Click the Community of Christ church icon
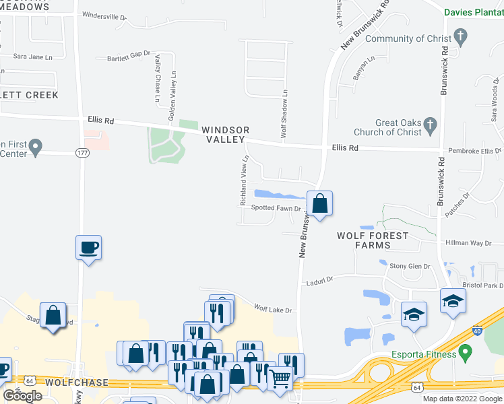(x=460, y=35)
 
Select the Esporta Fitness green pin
(x=464, y=353)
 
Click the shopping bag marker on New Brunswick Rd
(x=320, y=203)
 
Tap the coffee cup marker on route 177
(x=88, y=247)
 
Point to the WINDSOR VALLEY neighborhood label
(x=226, y=134)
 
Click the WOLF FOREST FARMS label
(x=373, y=240)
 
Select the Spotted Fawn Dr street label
(x=275, y=208)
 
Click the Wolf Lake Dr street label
(x=272, y=310)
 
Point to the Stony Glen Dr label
(x=410, y=267)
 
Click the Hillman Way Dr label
(x=468, y=242)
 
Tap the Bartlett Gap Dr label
(x=128, y=59)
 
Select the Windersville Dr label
(x=104, y=15)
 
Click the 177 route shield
(x=82, y=152)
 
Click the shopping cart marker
(x=280, y=378)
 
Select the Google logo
(x=22, y=396)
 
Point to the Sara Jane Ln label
(x=32, y=57)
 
